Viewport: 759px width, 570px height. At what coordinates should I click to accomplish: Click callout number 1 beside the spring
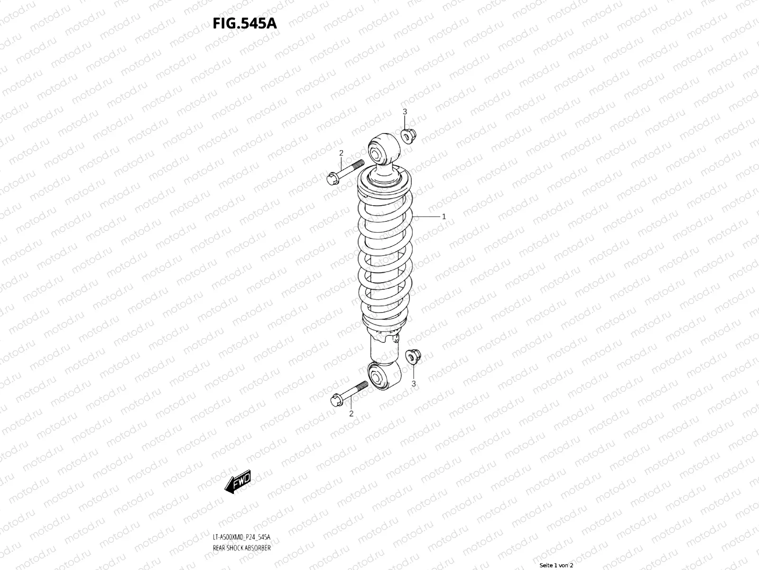point(444,217)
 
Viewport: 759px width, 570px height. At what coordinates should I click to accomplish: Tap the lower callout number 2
point(351,414)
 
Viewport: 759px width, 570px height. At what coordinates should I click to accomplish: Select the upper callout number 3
point(405,112)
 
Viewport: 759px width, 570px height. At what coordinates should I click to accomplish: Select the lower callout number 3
point(414,383)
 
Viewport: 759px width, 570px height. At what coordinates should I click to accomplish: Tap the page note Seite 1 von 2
point(556,565)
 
